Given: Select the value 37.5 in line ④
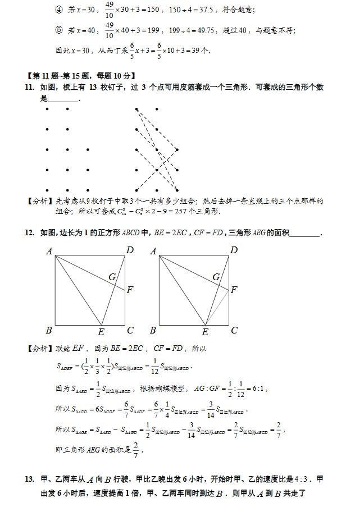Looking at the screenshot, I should [209, 10].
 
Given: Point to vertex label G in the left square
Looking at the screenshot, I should [112, 277].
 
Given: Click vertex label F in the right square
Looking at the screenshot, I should [234, 290].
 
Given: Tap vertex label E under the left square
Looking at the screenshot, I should [101, 332].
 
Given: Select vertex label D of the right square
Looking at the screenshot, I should [234, 250].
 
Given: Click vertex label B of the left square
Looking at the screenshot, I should [49, 331].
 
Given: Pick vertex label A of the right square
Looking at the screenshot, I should [153, 252].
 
